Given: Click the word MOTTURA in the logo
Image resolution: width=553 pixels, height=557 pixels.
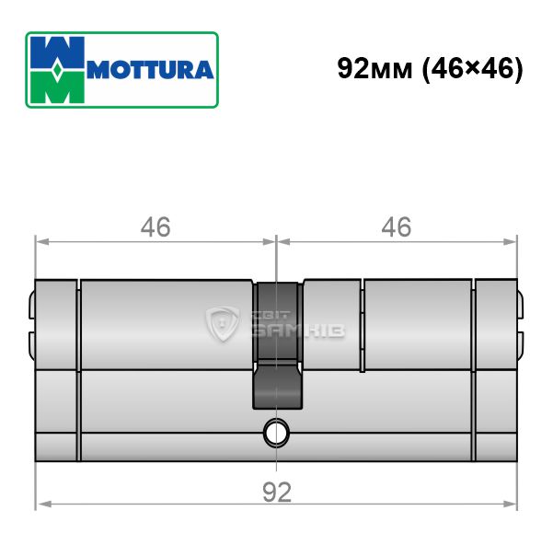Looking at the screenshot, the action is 150,70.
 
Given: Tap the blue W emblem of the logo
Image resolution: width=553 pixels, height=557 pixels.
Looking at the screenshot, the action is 57,52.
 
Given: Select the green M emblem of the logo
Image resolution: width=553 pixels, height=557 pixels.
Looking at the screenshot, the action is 57,87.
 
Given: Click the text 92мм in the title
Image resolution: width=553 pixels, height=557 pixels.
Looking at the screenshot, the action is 374,68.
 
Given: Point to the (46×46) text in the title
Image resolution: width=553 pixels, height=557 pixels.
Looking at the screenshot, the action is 472,68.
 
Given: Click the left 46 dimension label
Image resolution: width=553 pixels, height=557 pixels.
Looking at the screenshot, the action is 156,227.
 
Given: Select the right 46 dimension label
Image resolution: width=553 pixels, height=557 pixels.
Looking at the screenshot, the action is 396,227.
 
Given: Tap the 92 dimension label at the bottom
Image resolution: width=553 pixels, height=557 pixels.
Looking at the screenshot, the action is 277,493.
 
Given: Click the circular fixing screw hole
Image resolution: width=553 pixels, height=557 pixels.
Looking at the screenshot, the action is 276,432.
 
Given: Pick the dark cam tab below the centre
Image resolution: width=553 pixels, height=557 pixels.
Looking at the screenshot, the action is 277,388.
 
